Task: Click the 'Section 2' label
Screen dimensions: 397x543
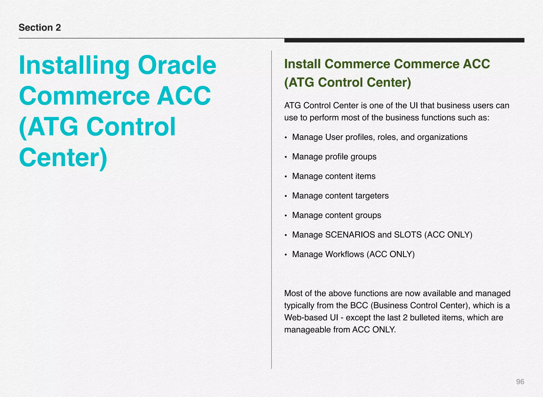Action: pyautogui.click(x=40, y=28)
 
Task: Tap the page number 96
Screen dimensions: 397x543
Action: pyautogui.click(x=520, y=382)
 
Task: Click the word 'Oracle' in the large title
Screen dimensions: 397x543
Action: pyautogui.click(x=177, y=65)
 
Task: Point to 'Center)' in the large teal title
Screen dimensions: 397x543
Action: pyautogui.click(x=63, y=158)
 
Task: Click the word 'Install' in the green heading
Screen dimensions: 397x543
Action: pyautogui.click(x=302, y=64)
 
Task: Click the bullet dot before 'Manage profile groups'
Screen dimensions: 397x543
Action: pyautogui.click(x=286, y=157)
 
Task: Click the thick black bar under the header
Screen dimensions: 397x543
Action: pyautogui.click(x=404, y=40)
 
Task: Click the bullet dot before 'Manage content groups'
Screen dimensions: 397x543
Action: pyautogui.click(x=286, y=216)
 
